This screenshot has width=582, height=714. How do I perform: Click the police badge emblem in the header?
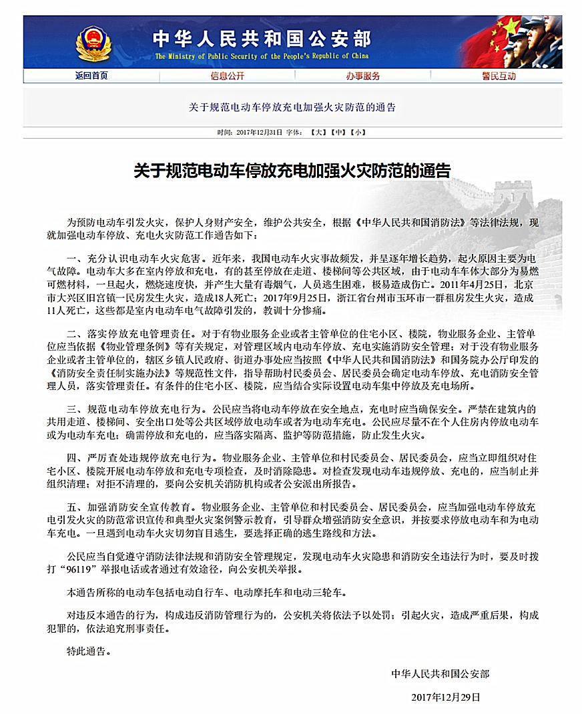[93, 42]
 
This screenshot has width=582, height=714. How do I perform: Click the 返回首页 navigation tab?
[91, 76]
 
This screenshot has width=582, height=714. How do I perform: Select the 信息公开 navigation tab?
[227, 76]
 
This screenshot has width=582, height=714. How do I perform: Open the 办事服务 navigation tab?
[362, 76]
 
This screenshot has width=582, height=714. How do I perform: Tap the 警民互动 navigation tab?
[499, 76]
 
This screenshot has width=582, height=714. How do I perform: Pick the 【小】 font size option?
[358, 133]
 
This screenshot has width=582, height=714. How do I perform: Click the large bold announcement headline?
[292, 171]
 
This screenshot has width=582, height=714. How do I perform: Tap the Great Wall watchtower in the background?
[513, 193]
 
